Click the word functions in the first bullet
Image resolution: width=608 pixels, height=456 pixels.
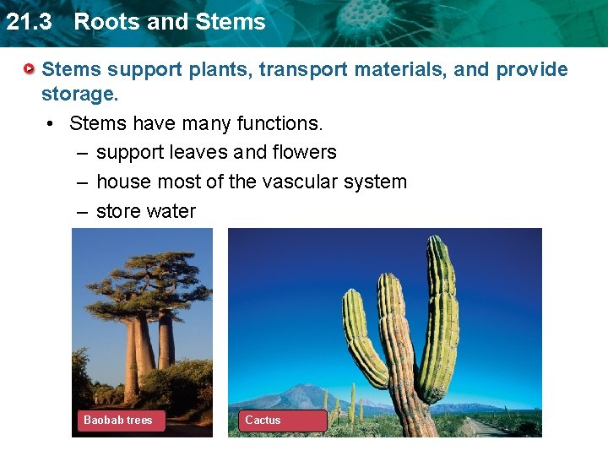(277, 123)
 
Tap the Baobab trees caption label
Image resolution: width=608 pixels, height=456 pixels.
(118, 420)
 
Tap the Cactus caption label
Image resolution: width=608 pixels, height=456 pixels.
(263, 420)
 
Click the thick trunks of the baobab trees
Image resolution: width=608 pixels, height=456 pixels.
(144, 346)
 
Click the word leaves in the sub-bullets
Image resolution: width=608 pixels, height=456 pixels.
(199, 153)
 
